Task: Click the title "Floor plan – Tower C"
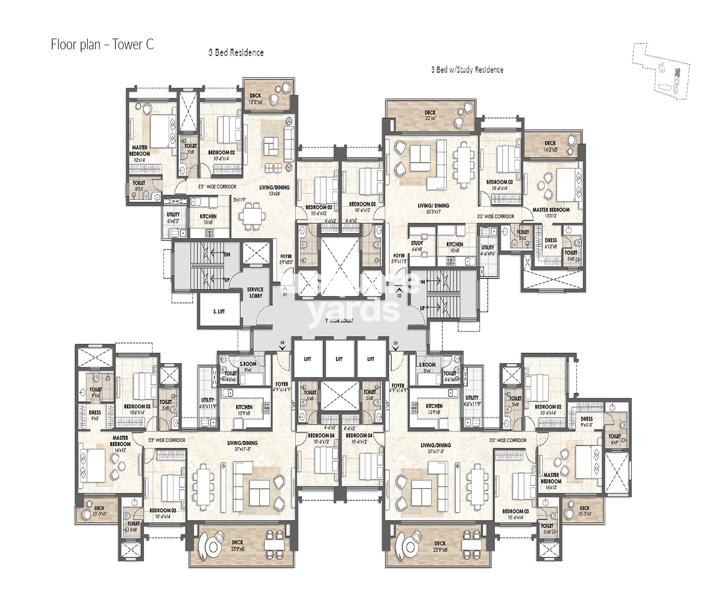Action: coord(102,45)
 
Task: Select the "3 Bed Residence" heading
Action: coord(236,53)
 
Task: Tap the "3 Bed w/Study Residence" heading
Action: coord(467,70)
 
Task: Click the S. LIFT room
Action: coord(219,312)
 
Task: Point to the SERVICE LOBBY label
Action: coord(255,292)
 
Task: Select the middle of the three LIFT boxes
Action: coord(339,359)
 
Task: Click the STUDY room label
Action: coord(417,246)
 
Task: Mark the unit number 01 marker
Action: coord(285,295)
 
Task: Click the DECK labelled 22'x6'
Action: coord(430,115)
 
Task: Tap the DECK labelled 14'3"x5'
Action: coord(550,146)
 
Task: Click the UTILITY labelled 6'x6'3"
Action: coord(173,217)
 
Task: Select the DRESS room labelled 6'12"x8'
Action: coord(551,243)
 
